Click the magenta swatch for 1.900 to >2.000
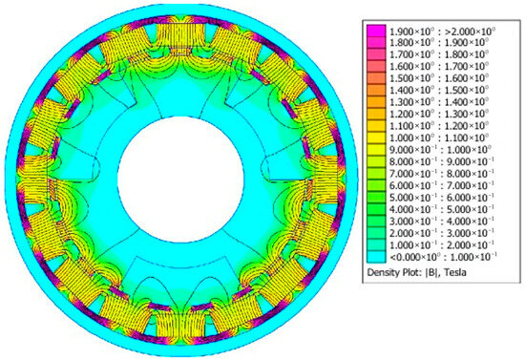[376, 31]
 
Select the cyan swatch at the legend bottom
[376, 257]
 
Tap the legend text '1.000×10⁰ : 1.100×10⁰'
[439, 138]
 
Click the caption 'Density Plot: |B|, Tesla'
[416, 272]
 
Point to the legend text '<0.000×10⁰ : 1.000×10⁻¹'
[443, 257]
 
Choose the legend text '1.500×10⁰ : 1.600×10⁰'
[439, 78]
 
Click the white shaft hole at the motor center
[180, 180]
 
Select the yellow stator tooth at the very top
[180, 35]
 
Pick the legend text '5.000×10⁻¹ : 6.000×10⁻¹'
[442, 198]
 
